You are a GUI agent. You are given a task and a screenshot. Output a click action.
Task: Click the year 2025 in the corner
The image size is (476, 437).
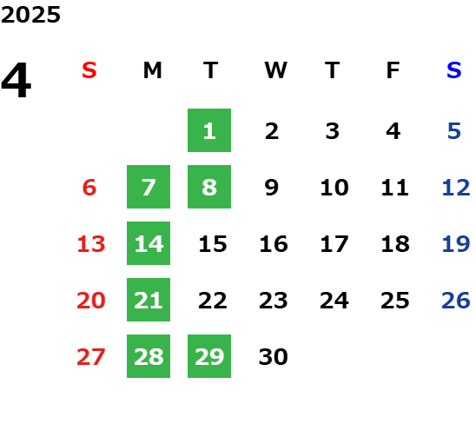(x=30, y=15)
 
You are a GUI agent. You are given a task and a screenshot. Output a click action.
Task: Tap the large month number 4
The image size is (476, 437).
(x=17, y=80)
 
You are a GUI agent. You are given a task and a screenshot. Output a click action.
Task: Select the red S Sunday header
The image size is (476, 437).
(x=89, y=70)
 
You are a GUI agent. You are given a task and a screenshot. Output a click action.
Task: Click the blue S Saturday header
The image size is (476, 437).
(x=454, y=70)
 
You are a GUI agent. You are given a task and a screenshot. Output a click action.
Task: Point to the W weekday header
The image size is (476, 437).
(x=275, y=70)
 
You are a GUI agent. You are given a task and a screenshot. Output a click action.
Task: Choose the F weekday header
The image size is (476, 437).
(x=393, y=70)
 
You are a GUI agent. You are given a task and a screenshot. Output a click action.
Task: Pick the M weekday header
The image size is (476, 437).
(x=152, y=70)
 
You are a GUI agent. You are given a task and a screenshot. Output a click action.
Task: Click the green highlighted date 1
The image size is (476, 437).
(x=209, y=130)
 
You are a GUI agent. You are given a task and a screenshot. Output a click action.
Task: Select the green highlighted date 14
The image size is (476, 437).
(x=149, y=243)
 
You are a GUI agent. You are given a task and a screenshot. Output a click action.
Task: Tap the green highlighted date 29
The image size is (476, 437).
(x=209, y=356)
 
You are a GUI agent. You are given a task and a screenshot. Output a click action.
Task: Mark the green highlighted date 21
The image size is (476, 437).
(x=149, y=300)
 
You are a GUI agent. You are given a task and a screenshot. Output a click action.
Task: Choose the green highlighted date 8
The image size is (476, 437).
(x=209, y=187)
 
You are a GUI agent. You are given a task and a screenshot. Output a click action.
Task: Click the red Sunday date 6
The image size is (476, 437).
(x=89, y=188)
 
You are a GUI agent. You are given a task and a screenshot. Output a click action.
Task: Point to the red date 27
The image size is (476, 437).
(x=91, y=357)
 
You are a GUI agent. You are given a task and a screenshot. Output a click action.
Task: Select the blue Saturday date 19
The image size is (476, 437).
(x=456, y=244)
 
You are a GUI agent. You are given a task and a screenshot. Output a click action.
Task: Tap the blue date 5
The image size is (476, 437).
(x=454, y=131)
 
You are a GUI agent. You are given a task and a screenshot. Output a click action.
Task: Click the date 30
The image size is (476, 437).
(x=274, y=357)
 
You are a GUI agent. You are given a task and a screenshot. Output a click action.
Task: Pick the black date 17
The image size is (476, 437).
(x=334, y=244)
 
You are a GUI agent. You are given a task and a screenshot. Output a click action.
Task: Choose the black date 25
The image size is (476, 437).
(x=395, y=301)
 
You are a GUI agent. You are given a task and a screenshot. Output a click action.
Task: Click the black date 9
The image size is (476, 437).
(x=272, y=188)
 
